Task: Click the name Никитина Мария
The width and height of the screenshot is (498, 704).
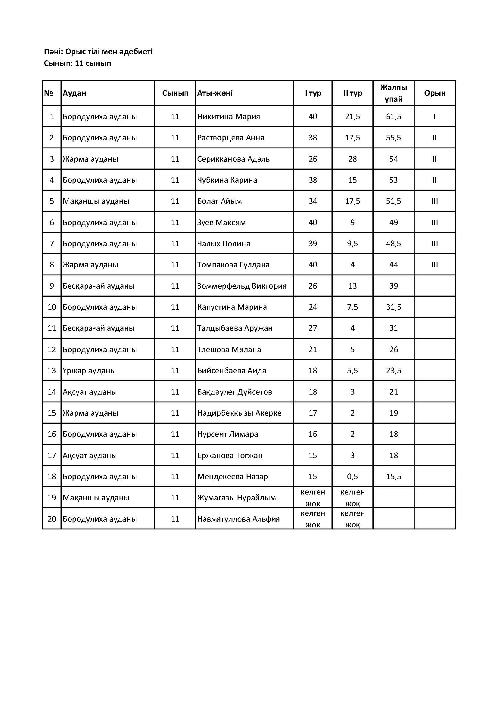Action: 229,116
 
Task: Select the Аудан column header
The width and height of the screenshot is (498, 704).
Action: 74,93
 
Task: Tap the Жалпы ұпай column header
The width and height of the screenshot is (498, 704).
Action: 394,93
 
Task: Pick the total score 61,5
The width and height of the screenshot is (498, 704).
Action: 394,116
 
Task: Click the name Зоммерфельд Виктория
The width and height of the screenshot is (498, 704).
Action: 242,286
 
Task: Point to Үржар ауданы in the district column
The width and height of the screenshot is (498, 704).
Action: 89,371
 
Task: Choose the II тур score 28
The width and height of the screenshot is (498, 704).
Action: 352,159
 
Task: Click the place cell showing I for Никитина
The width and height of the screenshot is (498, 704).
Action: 434,116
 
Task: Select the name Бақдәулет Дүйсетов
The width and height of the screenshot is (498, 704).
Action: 235,392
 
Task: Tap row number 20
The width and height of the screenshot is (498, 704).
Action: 52,519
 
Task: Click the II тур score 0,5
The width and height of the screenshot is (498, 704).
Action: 352,476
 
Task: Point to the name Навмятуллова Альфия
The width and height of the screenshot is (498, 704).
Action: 238,519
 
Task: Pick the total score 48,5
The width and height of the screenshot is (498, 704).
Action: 394,243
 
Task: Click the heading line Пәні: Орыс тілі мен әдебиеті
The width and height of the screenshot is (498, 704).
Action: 98,51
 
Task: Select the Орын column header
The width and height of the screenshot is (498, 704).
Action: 434,93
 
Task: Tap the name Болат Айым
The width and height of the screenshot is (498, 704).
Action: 219,201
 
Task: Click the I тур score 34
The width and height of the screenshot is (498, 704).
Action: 313,201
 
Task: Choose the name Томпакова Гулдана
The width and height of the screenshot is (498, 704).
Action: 233,265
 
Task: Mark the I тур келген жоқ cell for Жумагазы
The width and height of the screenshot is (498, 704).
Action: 313,498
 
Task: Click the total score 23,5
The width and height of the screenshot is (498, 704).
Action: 394,371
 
